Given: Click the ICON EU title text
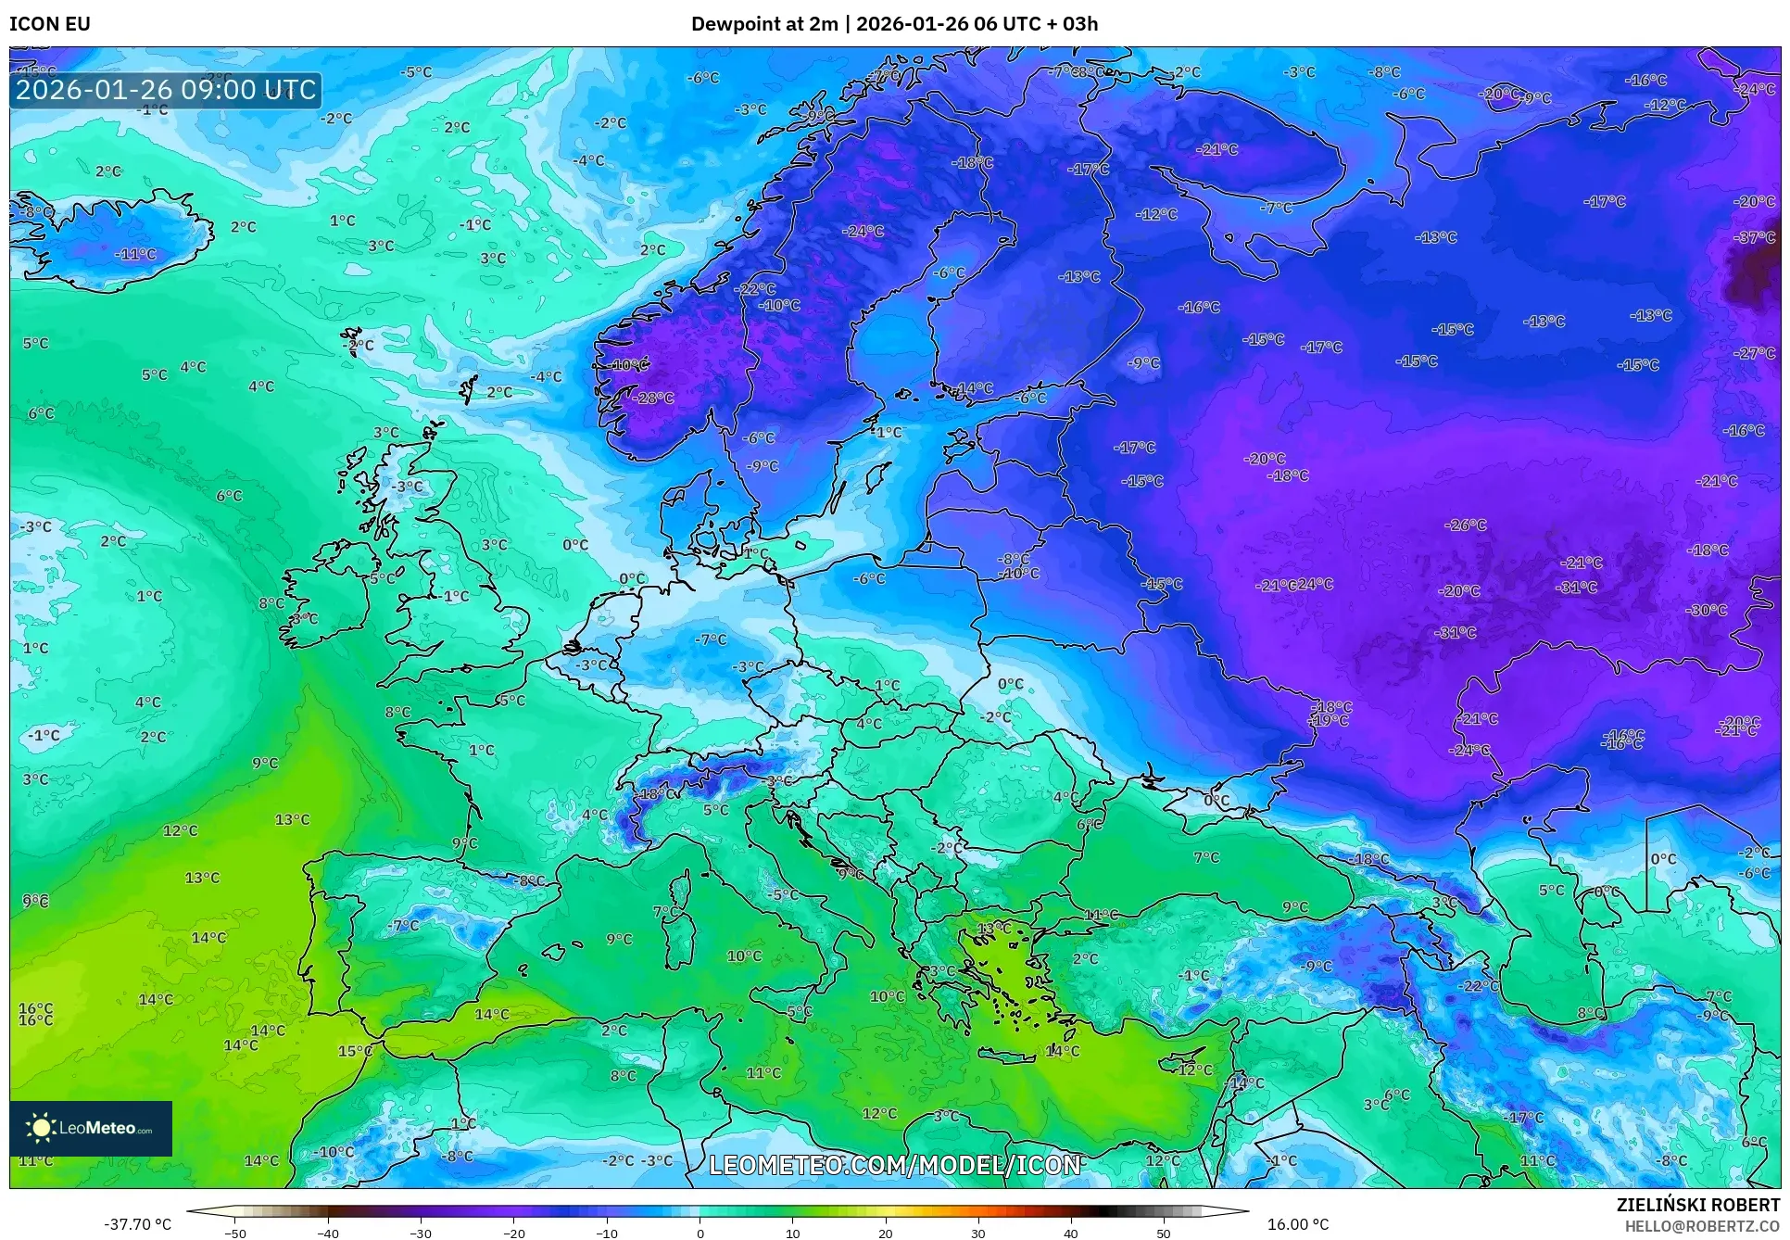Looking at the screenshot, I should [50, 24].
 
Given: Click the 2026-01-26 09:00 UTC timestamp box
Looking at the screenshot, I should [166, 90].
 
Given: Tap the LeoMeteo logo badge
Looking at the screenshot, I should [90, 1128].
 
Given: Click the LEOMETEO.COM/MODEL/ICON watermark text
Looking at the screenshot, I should [894, 1165].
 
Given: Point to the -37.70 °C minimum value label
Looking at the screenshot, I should [138, 1224].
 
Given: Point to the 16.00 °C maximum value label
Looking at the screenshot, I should [1297, 1224].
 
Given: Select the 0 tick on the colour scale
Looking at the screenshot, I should [700, 1233].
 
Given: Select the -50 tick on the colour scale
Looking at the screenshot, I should [235, 1233].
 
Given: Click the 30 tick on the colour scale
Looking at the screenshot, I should [977, 1233].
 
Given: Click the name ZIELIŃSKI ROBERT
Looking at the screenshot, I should [1697, 1205].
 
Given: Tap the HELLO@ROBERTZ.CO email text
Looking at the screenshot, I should [1701, 1226].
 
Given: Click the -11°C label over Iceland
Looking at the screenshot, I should [135, 254].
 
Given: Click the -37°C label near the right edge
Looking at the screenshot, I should [1754, 237].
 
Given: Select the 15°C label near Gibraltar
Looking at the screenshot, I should [355, 1051].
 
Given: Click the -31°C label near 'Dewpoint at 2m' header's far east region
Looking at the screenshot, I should [1577, 587].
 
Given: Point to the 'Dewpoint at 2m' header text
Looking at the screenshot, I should [763, 24].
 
